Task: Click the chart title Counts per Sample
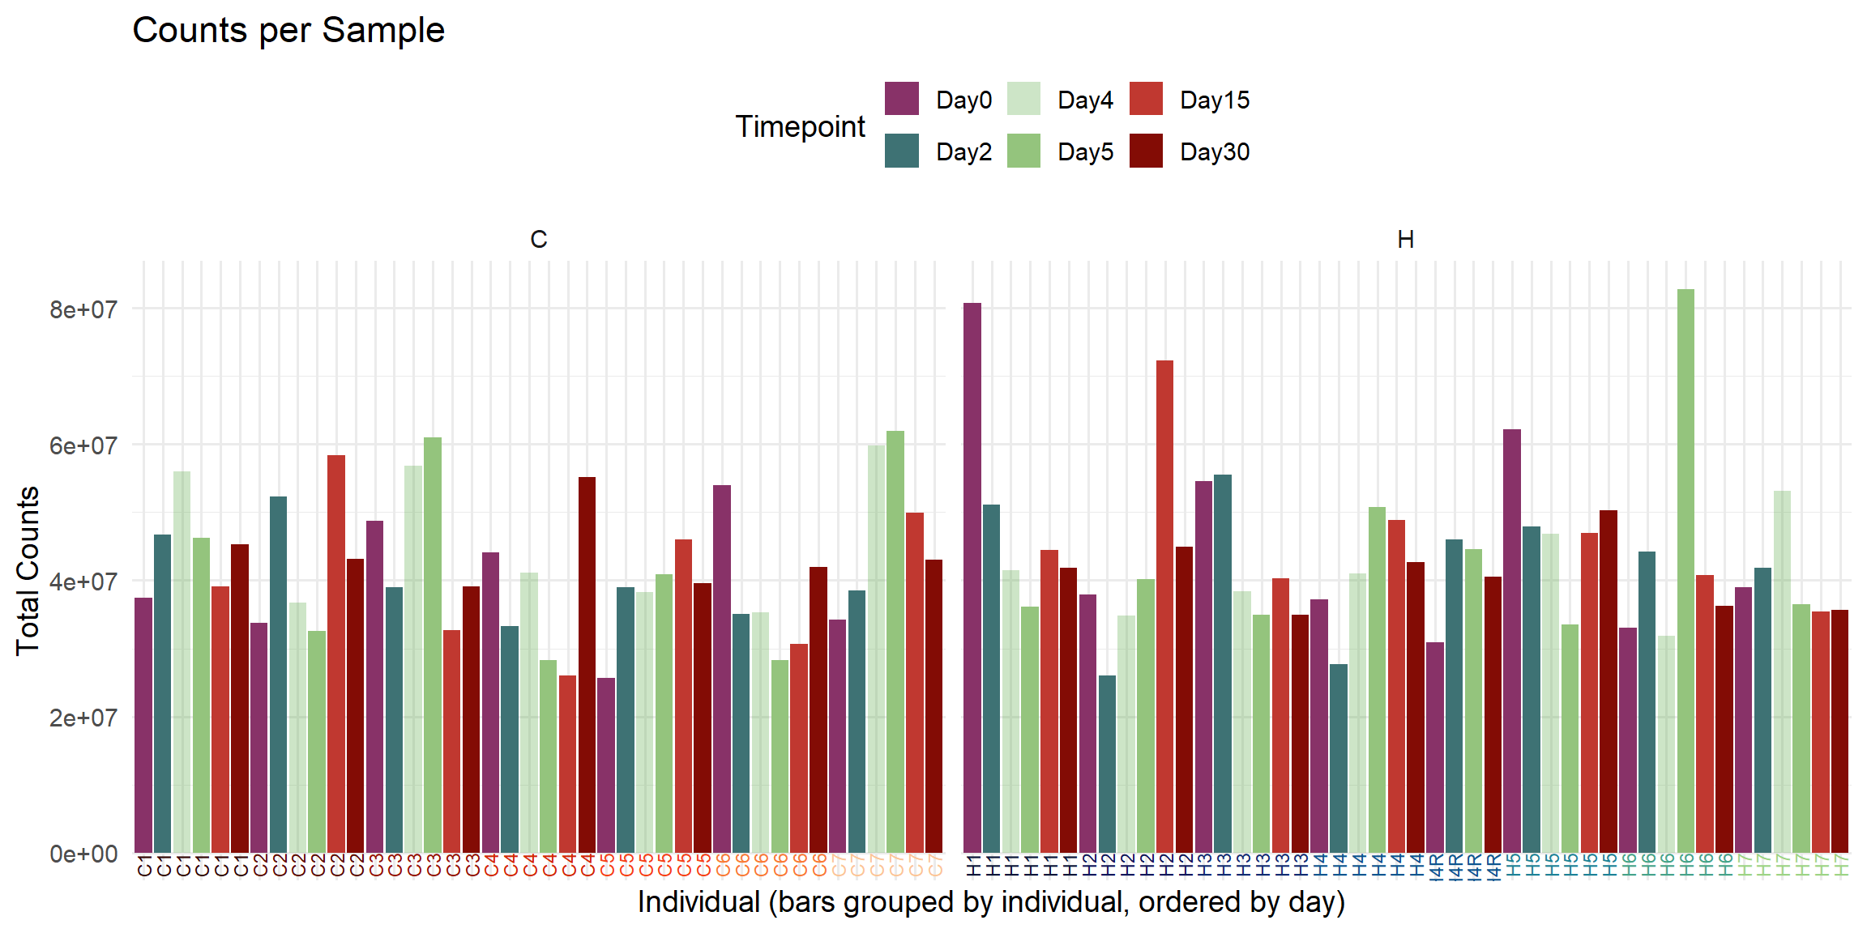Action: click(x=288, y=31)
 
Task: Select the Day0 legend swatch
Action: click(x=901, y=99)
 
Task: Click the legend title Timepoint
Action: click(x=800, y=126)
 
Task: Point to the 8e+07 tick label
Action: click(x=83, y=309)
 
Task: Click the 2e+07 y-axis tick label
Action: click(x=83, y=718)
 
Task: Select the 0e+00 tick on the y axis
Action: click(x=83, y=854)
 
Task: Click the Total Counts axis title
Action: click(x=28, y=570)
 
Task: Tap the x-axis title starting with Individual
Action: click(x=990, y=901)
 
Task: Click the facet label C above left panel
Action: click(x=538, y=240)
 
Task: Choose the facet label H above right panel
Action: click(x=1405, y=240)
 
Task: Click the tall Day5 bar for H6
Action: click(x=1685, y=567)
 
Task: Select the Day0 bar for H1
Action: click(x=972, y=575)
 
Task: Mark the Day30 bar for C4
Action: click(x=587, y=664)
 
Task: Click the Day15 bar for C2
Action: click(x=336, y=653)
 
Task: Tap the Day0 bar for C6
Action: click(x=721, y=668)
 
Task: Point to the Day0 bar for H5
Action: click(x=1511, y=640)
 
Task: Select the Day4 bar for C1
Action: click(x=182, y=661)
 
